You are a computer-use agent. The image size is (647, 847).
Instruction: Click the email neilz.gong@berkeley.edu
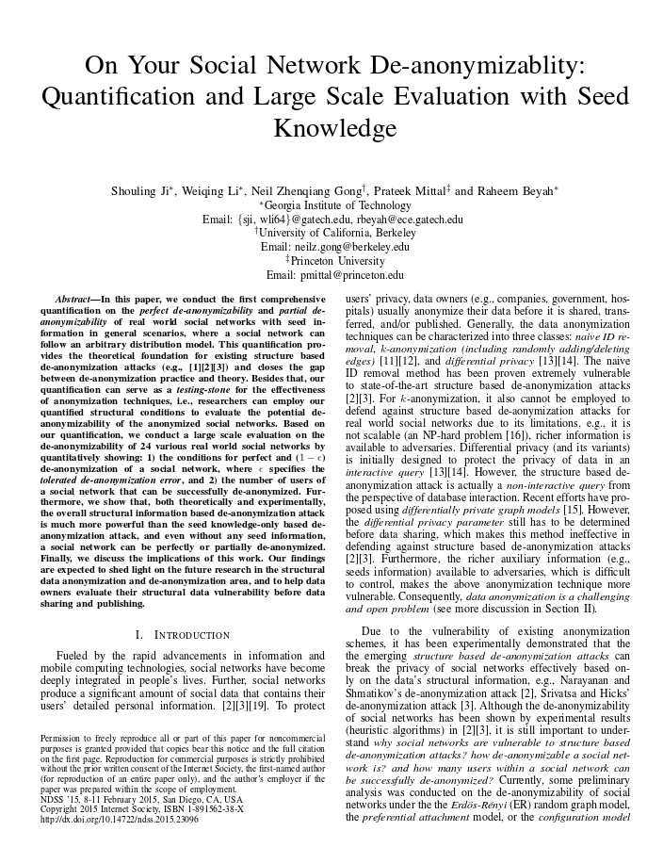pyautogui.click(x=348, y=247)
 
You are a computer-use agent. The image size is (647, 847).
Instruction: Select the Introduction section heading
pyautogui.click(x=188, y=634)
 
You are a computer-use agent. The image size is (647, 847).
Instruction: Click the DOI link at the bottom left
pyautogui.click(x=120, y=820)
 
